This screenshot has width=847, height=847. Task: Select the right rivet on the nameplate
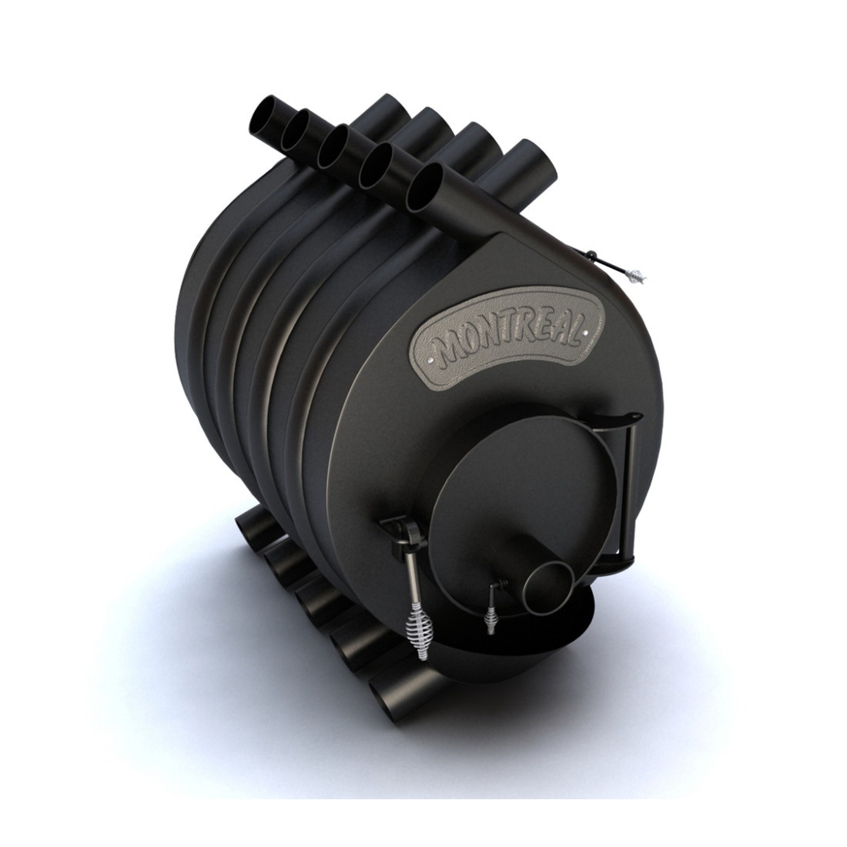pyautogui.click(x=585, y=333)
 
